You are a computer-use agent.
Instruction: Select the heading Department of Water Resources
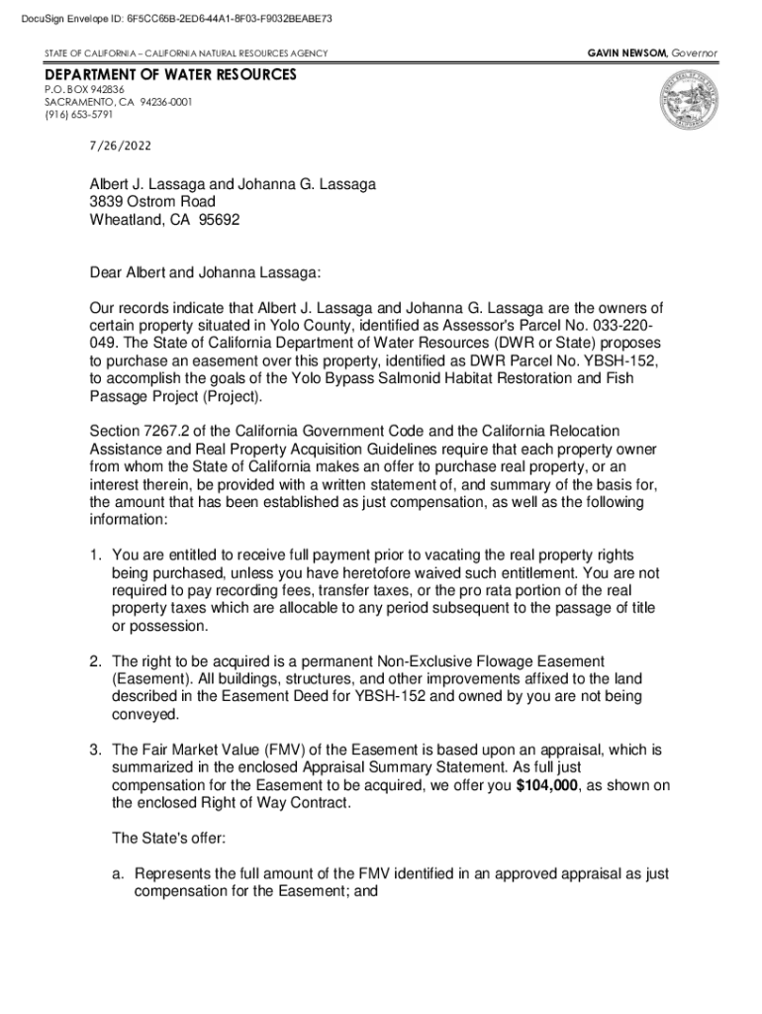point(169,75)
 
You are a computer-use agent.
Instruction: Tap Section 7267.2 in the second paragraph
point(144,432)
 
